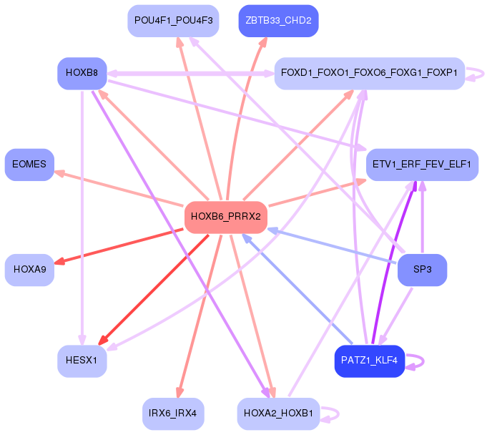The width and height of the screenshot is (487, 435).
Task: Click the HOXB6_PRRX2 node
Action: (226, 217)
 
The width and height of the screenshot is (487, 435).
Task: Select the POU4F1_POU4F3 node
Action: (173, 21)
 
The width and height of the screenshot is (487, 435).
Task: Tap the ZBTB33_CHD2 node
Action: (278, 21)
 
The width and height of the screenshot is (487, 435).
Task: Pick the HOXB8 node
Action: (82, 73)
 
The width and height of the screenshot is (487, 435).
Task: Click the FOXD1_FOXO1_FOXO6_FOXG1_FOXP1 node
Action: (369, 73)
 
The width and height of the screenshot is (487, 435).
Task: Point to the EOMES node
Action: (29, 165)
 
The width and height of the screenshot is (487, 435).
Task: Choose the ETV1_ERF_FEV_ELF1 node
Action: (422, 165)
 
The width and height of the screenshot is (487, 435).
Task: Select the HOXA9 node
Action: (29, 270)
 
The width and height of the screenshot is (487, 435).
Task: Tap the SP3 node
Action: (422, 270)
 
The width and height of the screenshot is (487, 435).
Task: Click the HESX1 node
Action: (82, 361)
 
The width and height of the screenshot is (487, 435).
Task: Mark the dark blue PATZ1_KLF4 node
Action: (370, 361)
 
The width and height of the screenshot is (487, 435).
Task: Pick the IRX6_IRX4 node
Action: (173, 414)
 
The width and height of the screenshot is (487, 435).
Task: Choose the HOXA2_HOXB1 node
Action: (278, 414)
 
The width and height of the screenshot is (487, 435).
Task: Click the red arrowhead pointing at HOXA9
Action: (59, 262)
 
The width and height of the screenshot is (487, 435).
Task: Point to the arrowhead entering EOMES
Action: (59, 172)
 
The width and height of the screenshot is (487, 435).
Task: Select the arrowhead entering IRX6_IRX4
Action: (179, 393)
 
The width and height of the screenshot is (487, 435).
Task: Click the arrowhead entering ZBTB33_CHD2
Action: (263, 42)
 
